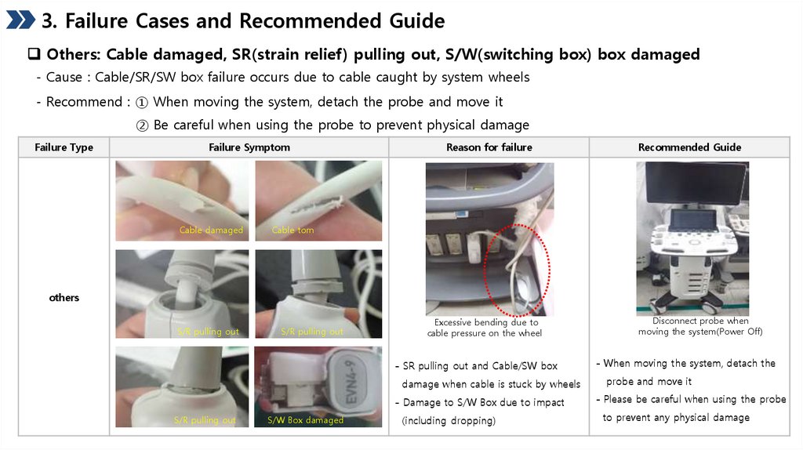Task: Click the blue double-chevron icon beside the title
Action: click(x=20, y=20)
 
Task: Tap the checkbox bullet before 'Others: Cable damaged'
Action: click(x=34, y=54)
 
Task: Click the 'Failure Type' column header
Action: click(x=64, y=147)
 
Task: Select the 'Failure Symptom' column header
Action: click(x=249, y=147)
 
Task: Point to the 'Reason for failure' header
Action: click(x=489, y=147)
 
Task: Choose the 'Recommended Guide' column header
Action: click(x=689, y=147)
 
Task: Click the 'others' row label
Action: click(x=64, y=297)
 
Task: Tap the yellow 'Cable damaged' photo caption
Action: click(x=211, y=230)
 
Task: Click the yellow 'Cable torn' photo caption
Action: click(x=292, y=230)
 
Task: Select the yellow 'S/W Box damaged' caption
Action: click(x=305, y=419)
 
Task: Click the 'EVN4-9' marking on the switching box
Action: click(x=351, y=382)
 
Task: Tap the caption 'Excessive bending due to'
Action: click(x=486, y=322)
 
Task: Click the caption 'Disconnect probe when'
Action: click(x=700, y=321)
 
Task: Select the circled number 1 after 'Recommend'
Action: click(x=142, y=103)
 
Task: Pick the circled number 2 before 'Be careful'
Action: click(x=143, y=125)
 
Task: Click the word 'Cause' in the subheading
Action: click(x=64, y=78)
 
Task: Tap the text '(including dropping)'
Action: click(x=449, y=421)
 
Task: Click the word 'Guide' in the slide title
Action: click(x=417, y=21)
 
